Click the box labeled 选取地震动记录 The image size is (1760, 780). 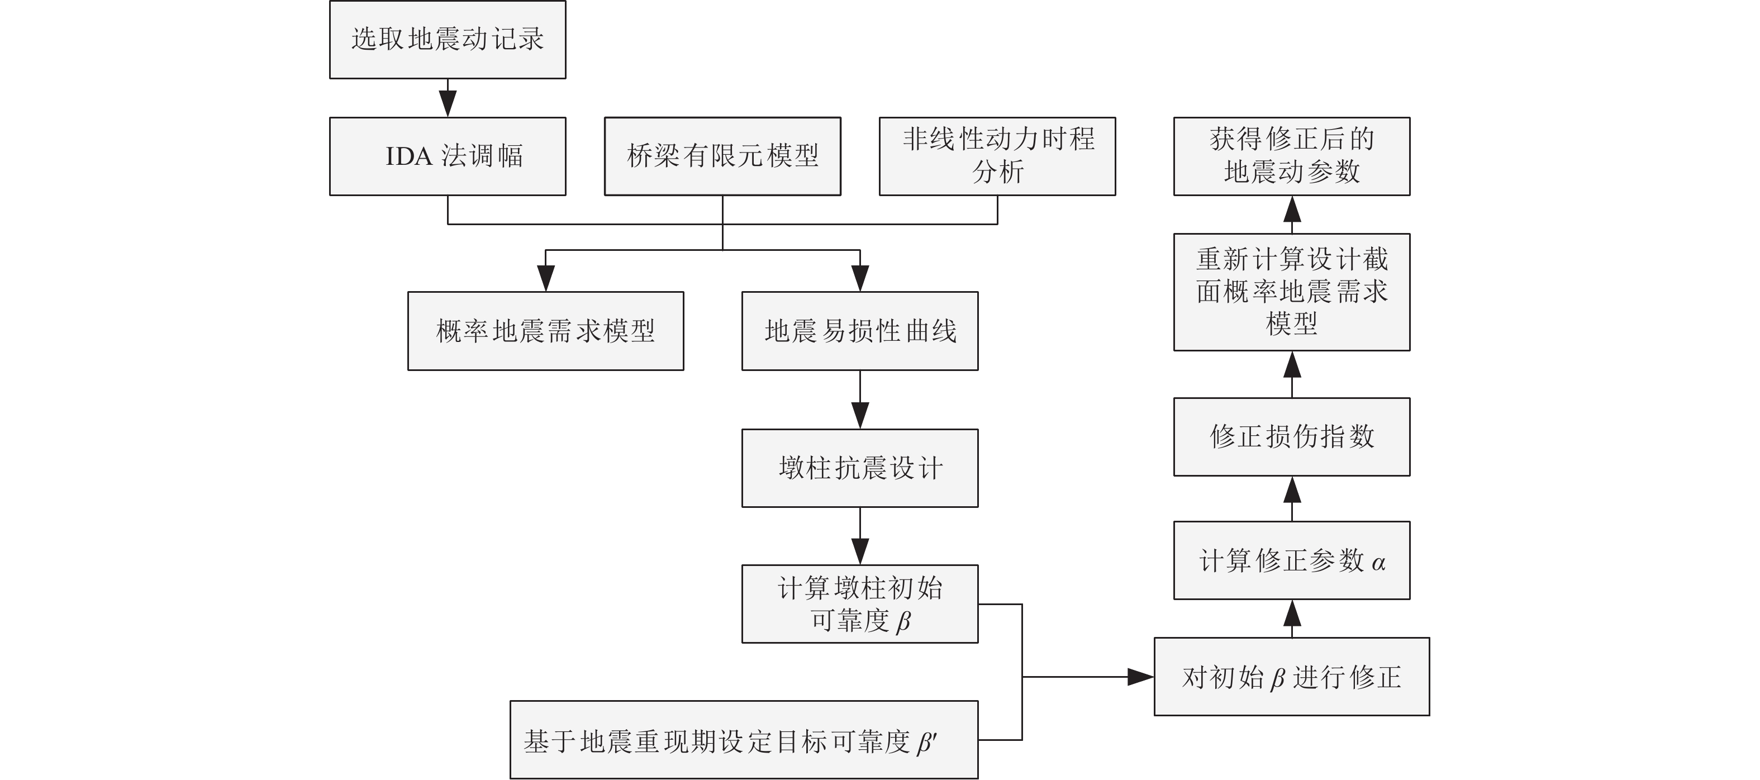(x=448, y=40)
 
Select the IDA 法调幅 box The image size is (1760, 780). (x=448, y=156)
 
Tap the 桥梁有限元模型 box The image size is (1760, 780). (x=722, y=156)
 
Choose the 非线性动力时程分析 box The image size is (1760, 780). (x=997, y=156)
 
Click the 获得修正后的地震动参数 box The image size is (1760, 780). (x=1291, y=156)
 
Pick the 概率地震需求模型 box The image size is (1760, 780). (x=545, y=331)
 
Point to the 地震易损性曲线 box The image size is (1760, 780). (x=859, y=331)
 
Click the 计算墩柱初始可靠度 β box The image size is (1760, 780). (x=859, y=604)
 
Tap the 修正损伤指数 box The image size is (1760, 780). (x=1291, y=437)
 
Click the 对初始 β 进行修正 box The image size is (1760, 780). (x=1291, y=677)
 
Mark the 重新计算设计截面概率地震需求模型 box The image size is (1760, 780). (x=1291, y=292)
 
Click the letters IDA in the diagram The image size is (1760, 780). (x=408, y=156)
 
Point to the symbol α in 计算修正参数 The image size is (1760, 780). (x=1378, y=563)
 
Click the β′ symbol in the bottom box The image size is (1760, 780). (x=927, y=743)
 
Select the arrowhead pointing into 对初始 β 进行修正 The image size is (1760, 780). (x=1140, y=677)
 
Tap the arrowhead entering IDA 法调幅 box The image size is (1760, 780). (x=448, y=103)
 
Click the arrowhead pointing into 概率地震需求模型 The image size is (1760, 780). (x=545, y=278)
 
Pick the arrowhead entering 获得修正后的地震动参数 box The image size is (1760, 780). (x=1291, y=210)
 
